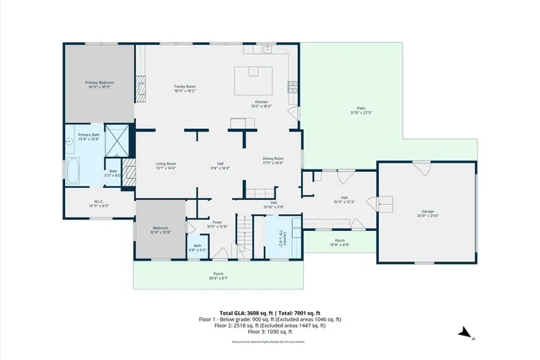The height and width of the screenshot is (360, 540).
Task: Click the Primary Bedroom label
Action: (x=100, y=83)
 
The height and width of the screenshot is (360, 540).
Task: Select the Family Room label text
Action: (x=186, y=88)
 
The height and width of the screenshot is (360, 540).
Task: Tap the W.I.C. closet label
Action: (x=100, y=203)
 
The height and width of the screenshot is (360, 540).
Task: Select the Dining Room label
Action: (x=273, y=160)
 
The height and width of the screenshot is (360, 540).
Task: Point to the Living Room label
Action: (x=165, y=165)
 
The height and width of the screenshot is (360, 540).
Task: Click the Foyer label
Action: (x=217, y=223)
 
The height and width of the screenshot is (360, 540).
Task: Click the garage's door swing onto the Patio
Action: (x=421, y=168)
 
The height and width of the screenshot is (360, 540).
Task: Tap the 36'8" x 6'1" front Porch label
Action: (x=218, y=276)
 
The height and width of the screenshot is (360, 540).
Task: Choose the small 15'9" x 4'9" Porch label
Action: (x=340, y=243)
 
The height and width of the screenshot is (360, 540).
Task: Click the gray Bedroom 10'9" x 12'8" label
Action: (x=160, y=229)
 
